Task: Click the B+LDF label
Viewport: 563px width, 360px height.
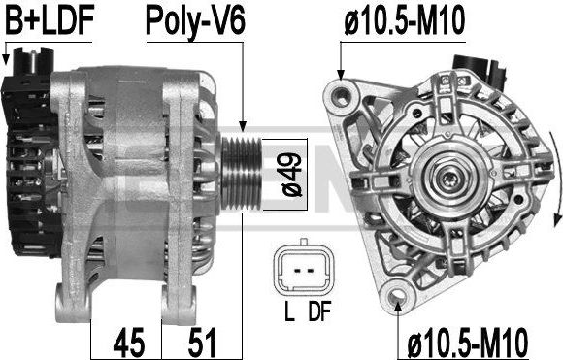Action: coord(50,20)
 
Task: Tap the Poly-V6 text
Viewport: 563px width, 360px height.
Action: coord(195,21)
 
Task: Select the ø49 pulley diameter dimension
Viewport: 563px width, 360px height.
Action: coord(292,175)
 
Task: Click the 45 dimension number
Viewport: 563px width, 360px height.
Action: coord(128,342)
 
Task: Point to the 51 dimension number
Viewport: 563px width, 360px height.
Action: coord(202,342)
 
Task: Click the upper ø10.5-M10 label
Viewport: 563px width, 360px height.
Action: coord(405,20)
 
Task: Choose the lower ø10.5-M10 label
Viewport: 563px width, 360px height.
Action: coord(468,342)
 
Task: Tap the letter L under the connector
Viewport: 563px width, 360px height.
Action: coord(289,311)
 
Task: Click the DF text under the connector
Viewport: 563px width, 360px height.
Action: coord(319,311)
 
